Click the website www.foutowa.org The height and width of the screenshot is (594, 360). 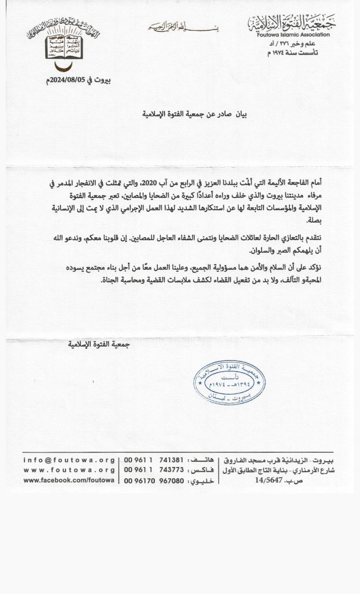pos(69,470)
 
